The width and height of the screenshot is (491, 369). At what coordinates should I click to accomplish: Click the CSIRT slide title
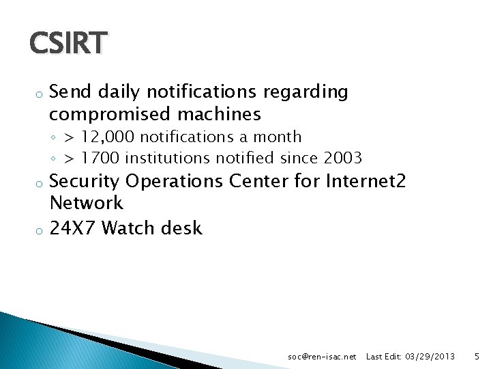pos(68,43)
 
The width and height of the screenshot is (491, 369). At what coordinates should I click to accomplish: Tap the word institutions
pos(168,159)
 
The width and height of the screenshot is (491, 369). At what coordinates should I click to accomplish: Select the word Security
pos(85,182)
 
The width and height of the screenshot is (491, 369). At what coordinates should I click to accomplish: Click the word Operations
pos(175,182)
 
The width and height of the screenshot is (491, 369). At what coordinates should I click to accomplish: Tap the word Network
pos(87,203)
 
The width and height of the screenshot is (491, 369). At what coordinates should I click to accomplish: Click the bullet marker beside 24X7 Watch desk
pos(40,230)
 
